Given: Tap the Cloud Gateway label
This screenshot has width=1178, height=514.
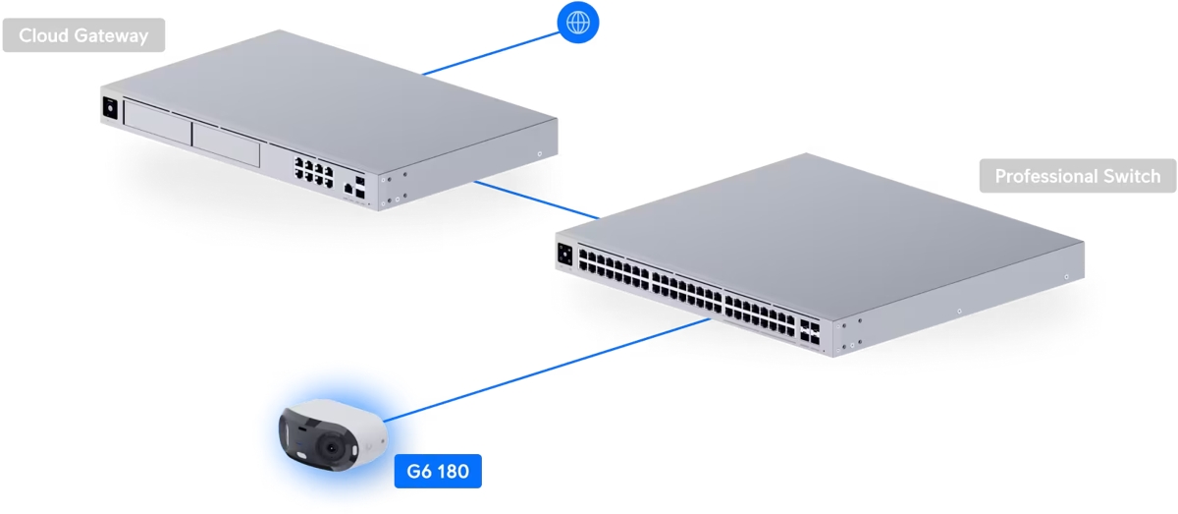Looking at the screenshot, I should point(83,36).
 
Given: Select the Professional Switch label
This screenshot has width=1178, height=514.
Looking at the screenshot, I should point(1077,177).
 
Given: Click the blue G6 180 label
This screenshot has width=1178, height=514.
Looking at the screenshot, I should point(438,472).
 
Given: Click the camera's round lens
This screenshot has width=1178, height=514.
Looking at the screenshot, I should point(333,447).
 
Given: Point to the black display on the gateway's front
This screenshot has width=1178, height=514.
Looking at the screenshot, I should point(110,109).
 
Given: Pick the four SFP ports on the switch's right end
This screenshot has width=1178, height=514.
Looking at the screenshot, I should point(811,329).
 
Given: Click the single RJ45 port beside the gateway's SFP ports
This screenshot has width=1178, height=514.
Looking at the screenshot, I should point(348,186).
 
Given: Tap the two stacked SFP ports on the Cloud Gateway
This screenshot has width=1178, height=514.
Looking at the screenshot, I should point(362,187).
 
